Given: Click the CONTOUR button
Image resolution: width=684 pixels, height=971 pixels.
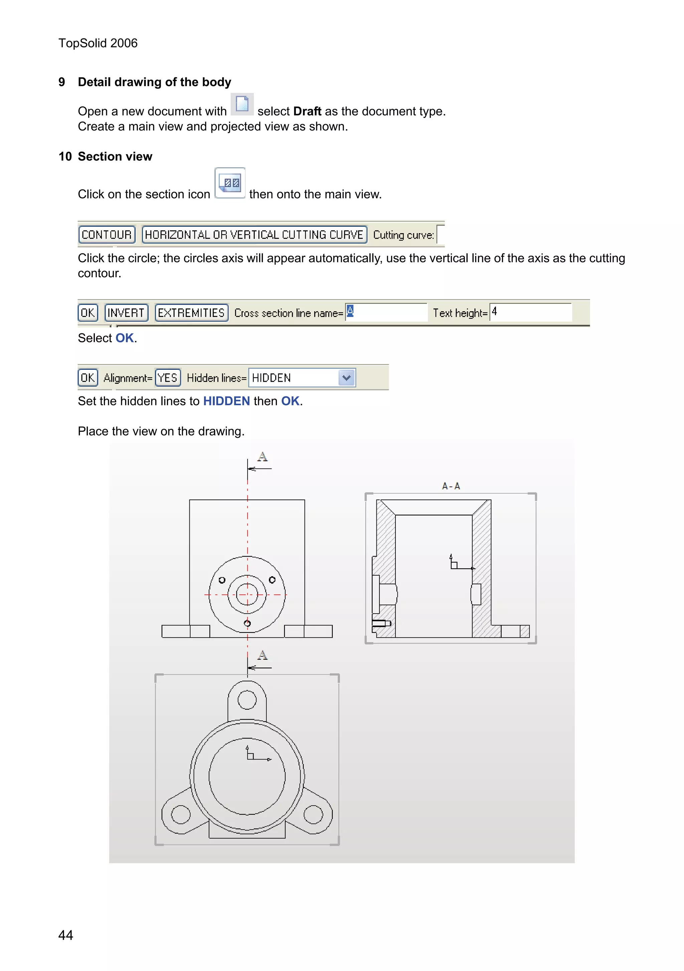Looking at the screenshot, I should click(x=107, y=235).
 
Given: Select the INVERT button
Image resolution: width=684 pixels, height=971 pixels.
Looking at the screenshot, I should click(x=126, y=313).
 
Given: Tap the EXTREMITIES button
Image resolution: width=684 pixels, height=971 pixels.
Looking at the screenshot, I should click(x=191, y=313).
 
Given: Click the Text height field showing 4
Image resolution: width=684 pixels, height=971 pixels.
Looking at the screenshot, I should click(x=530, y=312).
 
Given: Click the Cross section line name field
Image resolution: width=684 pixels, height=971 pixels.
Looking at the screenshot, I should click(x=386, y=312).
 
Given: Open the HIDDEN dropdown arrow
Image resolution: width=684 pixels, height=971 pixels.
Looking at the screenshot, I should click(x=346, y=378).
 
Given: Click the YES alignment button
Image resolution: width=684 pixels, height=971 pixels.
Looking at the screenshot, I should click(x=168, y=378).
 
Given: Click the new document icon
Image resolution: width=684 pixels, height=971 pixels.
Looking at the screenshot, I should click(x=242, y=104).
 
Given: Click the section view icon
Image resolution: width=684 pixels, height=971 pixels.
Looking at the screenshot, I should click(x=230, y=183).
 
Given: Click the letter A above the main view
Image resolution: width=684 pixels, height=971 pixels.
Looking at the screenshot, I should click(x=263, y=457).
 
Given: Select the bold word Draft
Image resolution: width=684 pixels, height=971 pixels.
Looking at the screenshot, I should click(x=307, y=111).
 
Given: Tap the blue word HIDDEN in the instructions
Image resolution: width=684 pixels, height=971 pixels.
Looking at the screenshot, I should click(x=226, y=401).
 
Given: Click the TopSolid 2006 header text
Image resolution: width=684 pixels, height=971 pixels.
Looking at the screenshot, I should click(x=98, y=43).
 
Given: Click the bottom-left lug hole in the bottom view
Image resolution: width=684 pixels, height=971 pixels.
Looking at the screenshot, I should click(x=181, y=815).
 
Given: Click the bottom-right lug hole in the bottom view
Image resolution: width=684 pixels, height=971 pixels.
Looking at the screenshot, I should click(x=313, y=815).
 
